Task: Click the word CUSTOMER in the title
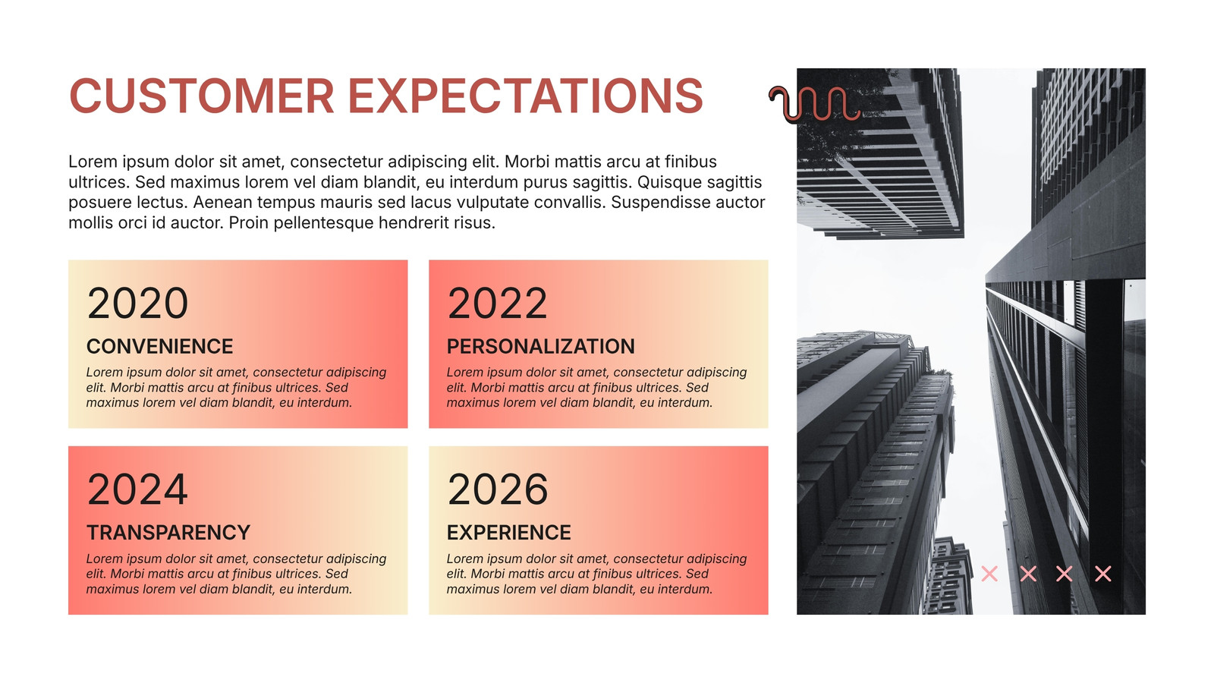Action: click(202, 96)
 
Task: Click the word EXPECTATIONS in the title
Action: click(525, 96)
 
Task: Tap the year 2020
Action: click(137, 304)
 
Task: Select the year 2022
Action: click(498, 304)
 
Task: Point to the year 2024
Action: click(137, 489)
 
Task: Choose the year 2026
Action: click(498, 489)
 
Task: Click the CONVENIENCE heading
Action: click(160, 346)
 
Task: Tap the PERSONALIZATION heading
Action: click(541, 346)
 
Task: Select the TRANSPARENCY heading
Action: click(168, 532)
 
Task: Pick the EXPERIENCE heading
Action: click(509, 532)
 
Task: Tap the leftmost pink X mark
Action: click(989, 574)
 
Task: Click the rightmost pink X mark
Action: click(1103, 574)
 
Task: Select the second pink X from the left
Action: click(1028, 574)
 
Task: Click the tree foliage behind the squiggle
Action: click(829, 136)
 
